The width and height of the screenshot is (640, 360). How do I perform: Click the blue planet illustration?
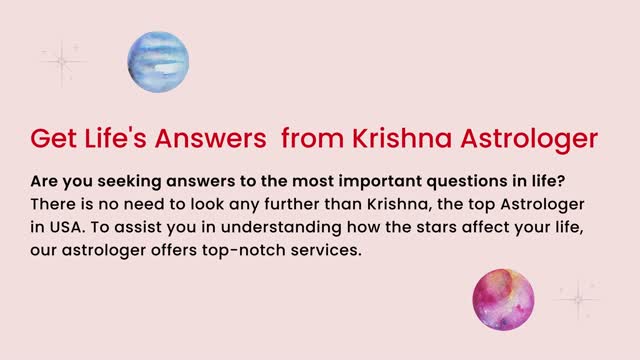(x=158, y=61)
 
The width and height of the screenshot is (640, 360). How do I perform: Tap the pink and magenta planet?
(x=503, y=300)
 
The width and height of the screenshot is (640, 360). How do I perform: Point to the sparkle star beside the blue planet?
(x=63, y=61)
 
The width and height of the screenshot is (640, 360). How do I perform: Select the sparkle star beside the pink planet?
(x=577, y=299)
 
